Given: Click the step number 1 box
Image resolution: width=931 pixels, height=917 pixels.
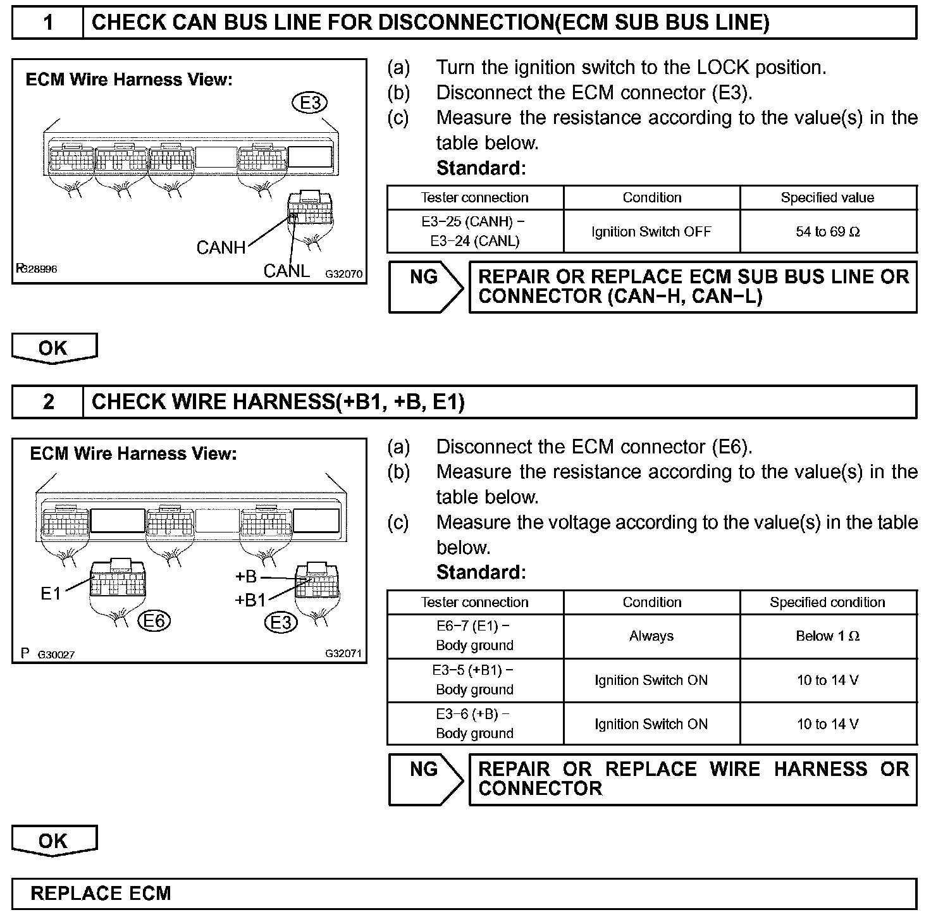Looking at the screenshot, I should (x=48, y=23).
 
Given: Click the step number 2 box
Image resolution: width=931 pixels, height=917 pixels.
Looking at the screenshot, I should (x=48, y=402).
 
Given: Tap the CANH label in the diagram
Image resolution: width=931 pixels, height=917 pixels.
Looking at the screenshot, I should (x=221, y=247).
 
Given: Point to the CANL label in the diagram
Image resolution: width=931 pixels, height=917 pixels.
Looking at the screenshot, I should (x=287, y=271).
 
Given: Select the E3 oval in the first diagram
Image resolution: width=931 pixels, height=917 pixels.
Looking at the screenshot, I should (x=309, y=102).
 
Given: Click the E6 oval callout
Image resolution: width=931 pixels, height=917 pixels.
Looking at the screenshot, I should (x=154, y=621).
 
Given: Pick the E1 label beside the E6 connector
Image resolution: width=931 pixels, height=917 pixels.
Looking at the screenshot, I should (x=51, y=593).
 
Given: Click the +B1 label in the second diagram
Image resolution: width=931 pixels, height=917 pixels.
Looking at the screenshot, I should (x=250, y=600).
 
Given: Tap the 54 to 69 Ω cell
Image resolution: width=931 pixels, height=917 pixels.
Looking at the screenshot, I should (x=828, y=232).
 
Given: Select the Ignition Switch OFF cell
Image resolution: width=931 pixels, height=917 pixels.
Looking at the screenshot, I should (x=651, y=232).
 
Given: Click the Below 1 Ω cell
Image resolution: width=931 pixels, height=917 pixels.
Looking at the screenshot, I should (x=828, y=636).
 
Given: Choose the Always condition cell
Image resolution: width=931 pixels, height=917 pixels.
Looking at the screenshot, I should (x=651, y=636).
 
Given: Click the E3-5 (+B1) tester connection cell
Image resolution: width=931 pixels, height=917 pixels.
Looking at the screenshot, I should (x=475, y=680).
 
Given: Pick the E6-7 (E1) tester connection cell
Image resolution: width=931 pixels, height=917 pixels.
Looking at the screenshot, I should (x=475, y=636).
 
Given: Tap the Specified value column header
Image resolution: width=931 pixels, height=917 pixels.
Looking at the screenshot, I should (x=828, y=197).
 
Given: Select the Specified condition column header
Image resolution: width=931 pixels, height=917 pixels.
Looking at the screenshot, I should (x=828, y=602).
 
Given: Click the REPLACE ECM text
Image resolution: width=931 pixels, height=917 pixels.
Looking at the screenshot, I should (x=101, y=894).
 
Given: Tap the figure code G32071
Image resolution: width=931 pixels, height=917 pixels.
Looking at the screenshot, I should (x=344, y=653).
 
